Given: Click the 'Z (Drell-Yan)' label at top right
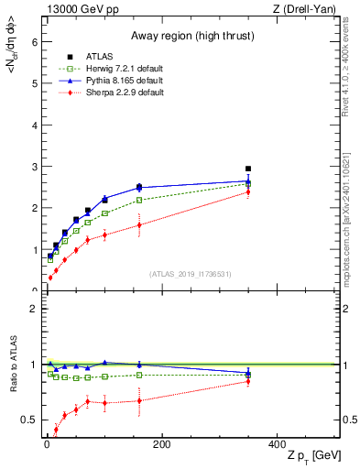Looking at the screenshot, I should coord(307,10).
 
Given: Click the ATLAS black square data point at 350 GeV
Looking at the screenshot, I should coord(248,169).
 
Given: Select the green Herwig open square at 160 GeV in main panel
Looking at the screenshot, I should coord(139,200).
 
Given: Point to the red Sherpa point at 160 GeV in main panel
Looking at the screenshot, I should coord(139,224).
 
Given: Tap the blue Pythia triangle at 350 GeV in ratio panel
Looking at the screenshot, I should coord(248,374).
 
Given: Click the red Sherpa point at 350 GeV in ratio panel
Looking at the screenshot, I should coord(248,381).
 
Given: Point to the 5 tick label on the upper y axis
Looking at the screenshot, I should coord(34,83).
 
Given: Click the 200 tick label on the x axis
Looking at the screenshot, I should coord(161,444).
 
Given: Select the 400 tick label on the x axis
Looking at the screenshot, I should coord(277,444).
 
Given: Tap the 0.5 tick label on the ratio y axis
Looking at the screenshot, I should coord(30,420).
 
